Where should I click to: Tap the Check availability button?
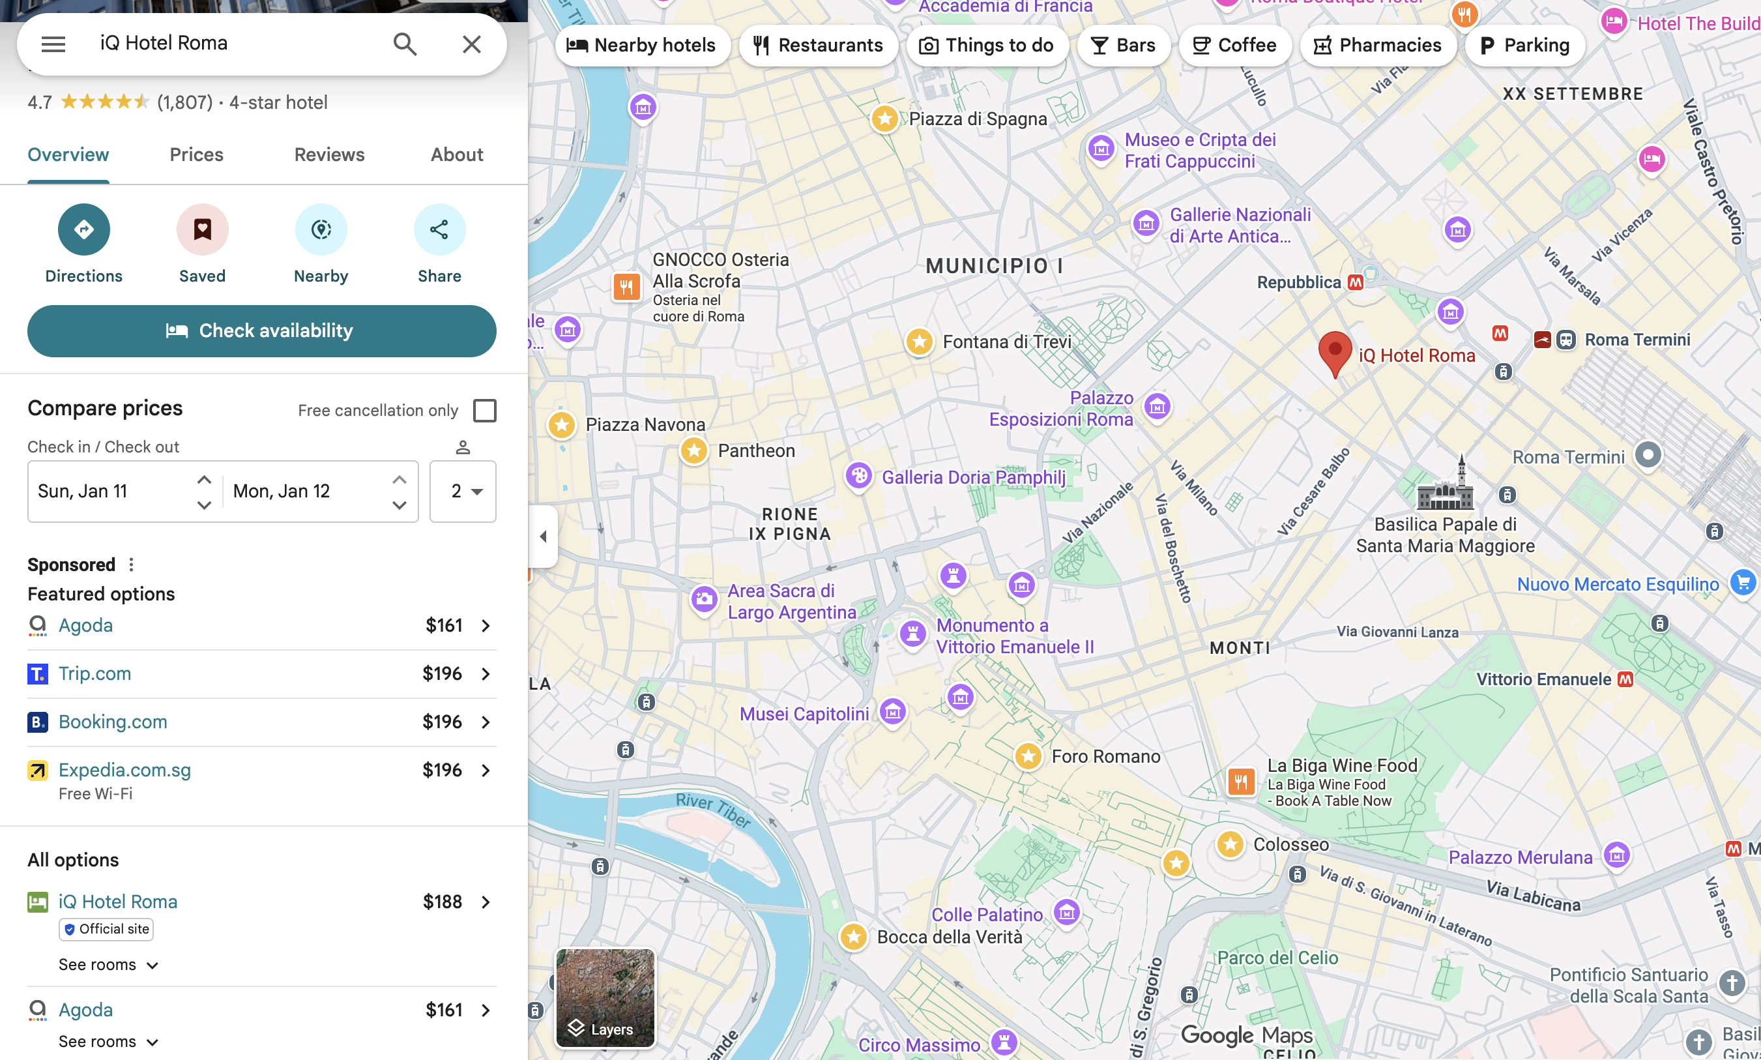[261, 331]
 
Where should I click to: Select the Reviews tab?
[329, 155]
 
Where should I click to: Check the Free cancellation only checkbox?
[485, 411]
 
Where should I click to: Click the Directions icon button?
[83, 229]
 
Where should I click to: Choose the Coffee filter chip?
[1234, 46]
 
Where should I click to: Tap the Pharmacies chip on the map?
[1378, 46]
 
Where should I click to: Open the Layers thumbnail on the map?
[604, 998]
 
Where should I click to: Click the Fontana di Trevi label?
[1007, 342]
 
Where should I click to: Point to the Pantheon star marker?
[693, 450]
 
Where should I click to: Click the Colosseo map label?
[1290, 844]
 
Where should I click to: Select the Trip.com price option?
[95, 673]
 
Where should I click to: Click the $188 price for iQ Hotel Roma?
[442, 902]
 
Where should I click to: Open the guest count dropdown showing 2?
[463, 492]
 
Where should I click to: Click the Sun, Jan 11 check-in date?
[83, 492]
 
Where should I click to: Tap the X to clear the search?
[471, 44]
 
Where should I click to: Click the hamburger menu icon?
[53, 44]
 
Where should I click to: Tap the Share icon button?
[439, 229]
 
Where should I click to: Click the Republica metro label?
[1299, 283]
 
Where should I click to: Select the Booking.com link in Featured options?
[113, 722]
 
